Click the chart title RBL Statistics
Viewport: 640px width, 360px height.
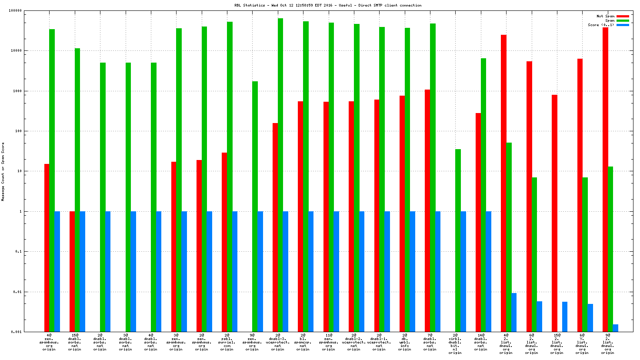point(328,5)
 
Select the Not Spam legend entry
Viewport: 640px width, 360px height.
point(605,16)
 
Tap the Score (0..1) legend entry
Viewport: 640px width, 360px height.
point(601,25)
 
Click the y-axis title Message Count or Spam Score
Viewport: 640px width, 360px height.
point(3,172)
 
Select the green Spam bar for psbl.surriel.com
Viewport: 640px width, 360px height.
point(230,174)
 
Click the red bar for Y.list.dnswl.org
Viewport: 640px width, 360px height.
point(580,195)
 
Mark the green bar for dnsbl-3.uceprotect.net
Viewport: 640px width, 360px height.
point(280,174)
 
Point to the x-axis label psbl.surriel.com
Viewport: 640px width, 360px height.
point(227,342)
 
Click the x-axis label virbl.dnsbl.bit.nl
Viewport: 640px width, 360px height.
point(455,344)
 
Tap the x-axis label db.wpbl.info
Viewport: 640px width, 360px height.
point(404,342)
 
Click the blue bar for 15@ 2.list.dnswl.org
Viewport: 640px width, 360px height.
point(564,317)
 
